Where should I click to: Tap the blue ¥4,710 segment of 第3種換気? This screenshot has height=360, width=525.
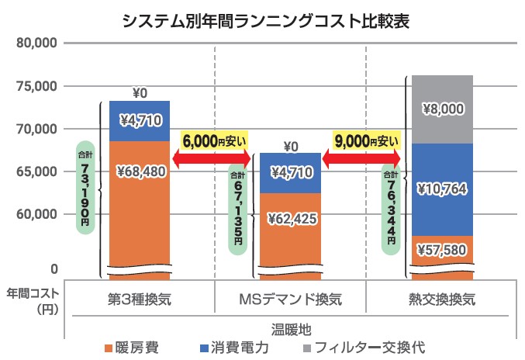point(140,120)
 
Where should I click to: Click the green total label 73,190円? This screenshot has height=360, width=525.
point(85,187)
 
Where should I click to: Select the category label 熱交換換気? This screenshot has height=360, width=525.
point(441,299)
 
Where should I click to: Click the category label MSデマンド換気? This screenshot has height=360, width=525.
point(290,299)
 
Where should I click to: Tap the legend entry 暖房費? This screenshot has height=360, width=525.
point(132,347)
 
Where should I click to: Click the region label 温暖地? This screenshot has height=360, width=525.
point(290,328)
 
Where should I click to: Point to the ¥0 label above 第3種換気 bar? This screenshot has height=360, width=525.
point(140,94)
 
